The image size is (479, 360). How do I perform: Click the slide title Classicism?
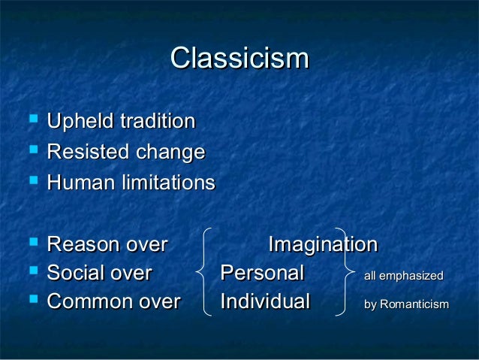(x=239, y=58)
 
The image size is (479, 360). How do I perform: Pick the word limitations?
(x=165, y=183)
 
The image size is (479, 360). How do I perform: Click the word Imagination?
(x=323, y=245)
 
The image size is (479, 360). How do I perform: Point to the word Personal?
(x=262, y=273)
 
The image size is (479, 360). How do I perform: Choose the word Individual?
(x=265, y=302)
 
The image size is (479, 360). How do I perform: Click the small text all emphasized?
(x=403, y=276)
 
